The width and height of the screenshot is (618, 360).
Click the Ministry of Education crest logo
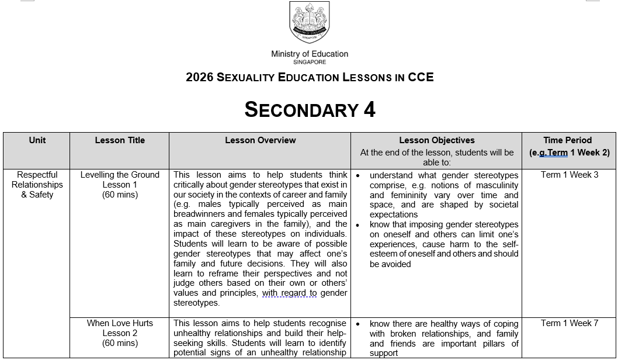309,22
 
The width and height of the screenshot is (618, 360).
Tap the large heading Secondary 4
310,109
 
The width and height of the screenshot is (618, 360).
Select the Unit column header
37,140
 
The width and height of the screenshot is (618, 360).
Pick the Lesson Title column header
120,140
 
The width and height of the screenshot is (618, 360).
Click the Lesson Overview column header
260,140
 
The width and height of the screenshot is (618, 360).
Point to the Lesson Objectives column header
436,140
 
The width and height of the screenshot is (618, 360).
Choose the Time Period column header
569,140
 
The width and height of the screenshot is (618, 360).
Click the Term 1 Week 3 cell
569,175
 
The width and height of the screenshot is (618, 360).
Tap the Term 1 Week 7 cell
569,323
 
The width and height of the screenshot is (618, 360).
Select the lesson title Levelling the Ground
120,175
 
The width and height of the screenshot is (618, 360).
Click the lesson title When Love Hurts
120,323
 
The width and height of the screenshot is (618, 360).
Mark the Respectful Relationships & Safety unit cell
37,185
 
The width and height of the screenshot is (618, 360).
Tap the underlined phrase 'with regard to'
289,293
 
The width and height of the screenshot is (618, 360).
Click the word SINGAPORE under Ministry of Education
310,62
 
